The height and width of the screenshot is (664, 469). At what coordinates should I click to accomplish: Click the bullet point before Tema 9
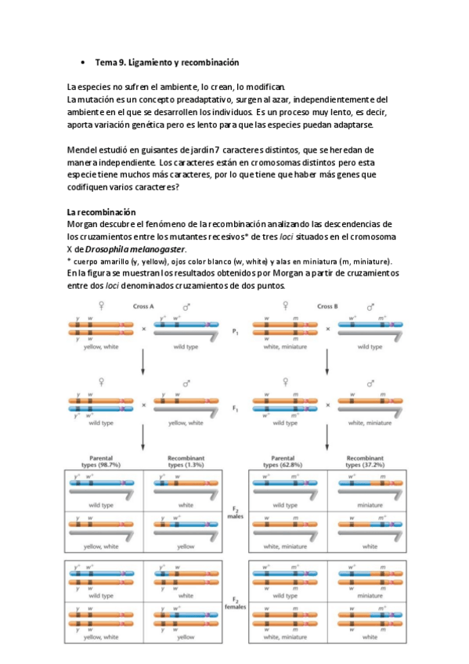click(83, 62)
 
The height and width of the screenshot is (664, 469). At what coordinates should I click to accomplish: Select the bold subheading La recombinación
click(102, 212)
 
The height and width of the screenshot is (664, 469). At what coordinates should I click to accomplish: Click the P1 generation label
click(236, 332)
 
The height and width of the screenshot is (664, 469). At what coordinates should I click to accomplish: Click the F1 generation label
click(236, 407)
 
